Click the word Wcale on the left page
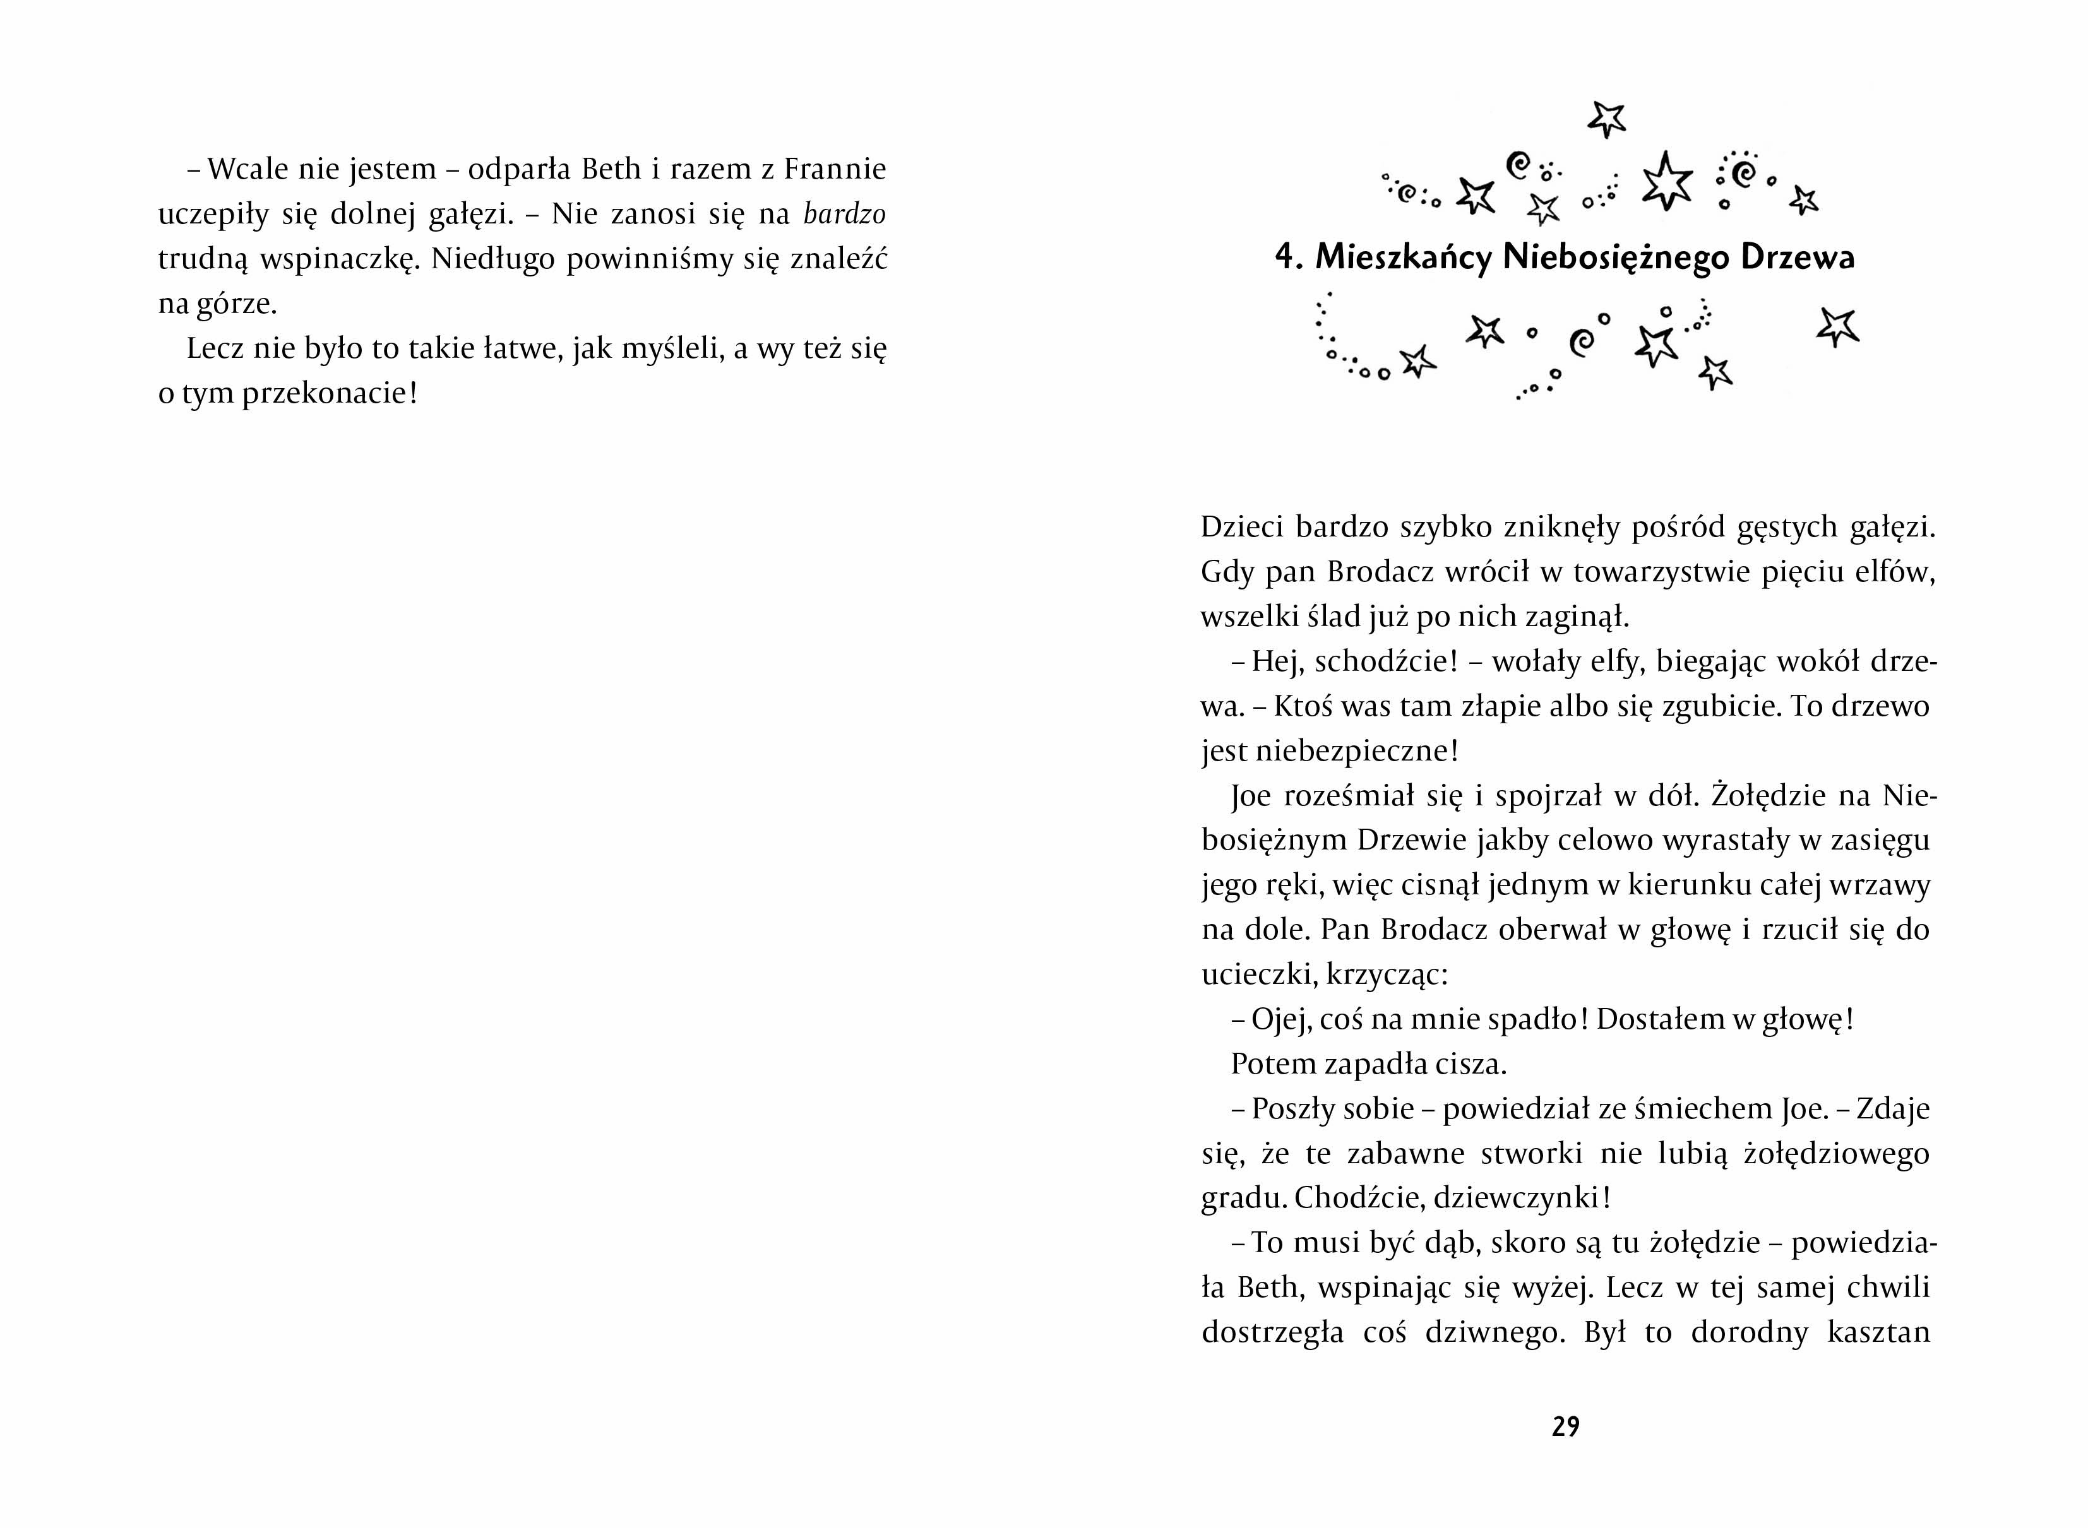click(243, 169)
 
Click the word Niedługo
click(489, 259)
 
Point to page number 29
click(1565, 1427)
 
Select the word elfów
click(1897, 572)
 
